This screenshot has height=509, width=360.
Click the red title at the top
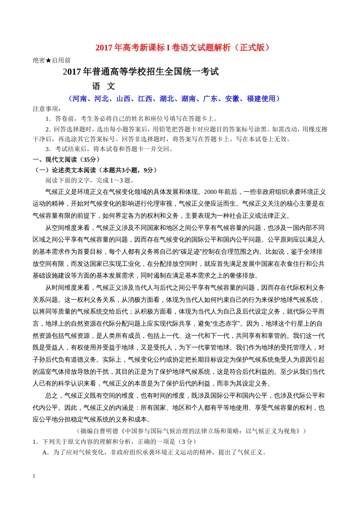(183, 48)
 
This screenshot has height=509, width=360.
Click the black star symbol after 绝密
(49, 61)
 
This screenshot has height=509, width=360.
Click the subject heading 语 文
(103, 86)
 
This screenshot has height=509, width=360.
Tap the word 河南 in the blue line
(79, 99)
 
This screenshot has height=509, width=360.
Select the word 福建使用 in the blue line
(261, 99)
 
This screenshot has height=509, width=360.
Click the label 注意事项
(47, 109)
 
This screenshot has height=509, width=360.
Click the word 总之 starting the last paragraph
(52, 396)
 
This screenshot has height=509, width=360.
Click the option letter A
(45, 453)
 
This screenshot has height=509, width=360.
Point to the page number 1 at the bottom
(34, 476)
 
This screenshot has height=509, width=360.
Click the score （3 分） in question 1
(187, 442)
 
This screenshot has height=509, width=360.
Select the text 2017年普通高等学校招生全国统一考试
(141, 72)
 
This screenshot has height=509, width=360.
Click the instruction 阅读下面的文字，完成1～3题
(90, 181)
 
